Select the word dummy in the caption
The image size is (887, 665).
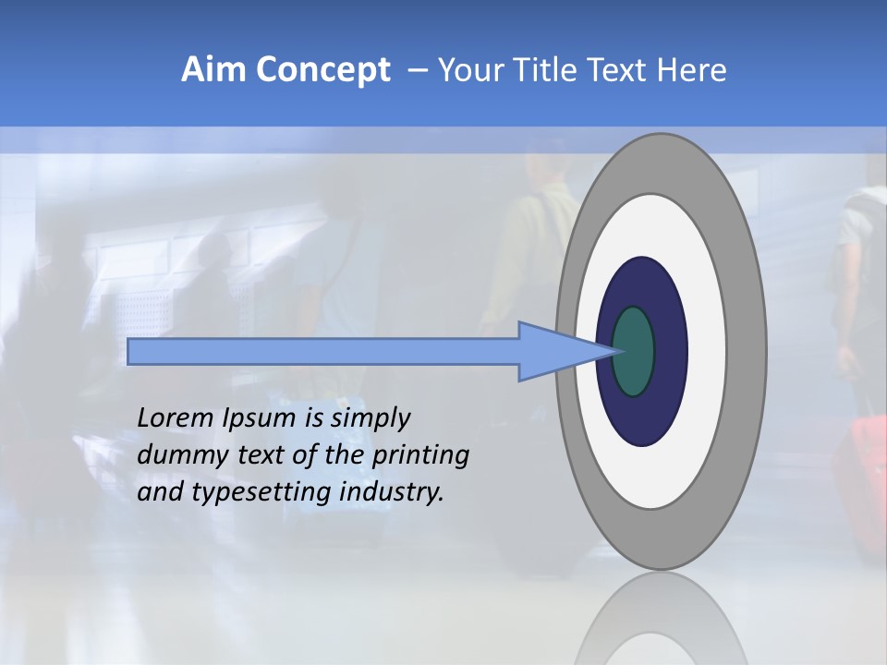173,455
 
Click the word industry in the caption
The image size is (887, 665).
392,492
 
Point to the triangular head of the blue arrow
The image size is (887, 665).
554,351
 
